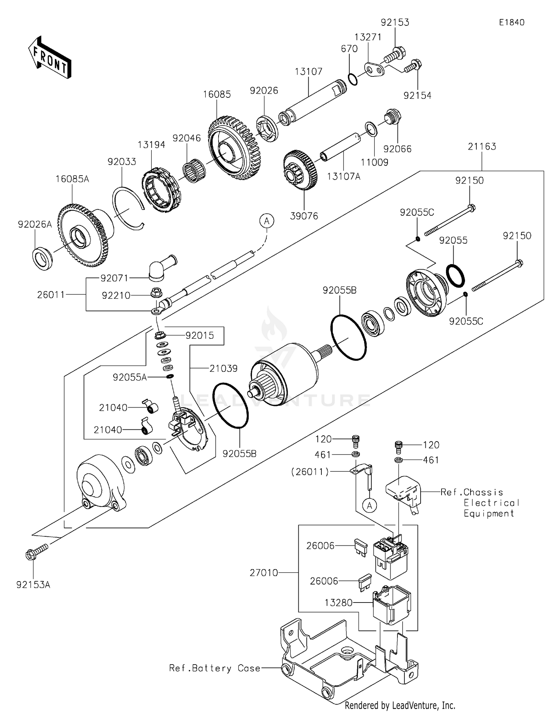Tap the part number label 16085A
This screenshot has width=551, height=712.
[x=72, y=179]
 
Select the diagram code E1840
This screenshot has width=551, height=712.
[x=511, y=22]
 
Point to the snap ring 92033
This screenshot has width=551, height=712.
[x=128, y=208]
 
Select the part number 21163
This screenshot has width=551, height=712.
[x=482, y=147]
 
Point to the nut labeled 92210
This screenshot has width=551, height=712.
[x=156, y=292]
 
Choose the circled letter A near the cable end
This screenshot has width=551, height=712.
[x=267, y=221]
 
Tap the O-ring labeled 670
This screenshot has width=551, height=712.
[x=352, y=79]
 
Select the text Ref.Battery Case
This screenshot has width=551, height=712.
[x=215, y=668]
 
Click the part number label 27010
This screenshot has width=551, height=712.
[x=264, y=572]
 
